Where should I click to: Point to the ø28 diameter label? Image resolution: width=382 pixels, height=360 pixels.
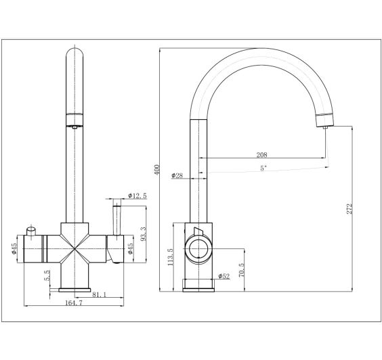(x=177, y=176)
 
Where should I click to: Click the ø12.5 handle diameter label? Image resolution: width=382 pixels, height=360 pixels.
(x=138, y=196)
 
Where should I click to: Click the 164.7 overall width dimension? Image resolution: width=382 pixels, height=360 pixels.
(x=74, y=304)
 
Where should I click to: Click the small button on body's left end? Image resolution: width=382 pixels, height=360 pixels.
(x=30, y=232)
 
